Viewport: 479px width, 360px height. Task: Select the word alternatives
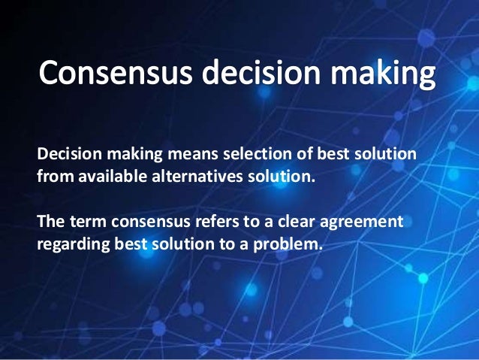[x=187, y=178]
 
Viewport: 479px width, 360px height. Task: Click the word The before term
[x=50, y=222]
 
